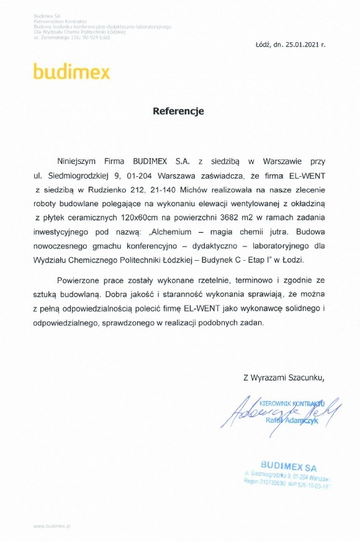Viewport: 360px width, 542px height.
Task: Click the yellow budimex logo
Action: click(x=72, y=72)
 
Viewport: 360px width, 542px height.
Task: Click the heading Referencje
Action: click(x=178, y=112)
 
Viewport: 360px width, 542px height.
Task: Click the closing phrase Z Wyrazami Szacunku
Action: click(x=284, y=376)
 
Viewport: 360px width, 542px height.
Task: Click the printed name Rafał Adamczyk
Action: click(x=291, y=421)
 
